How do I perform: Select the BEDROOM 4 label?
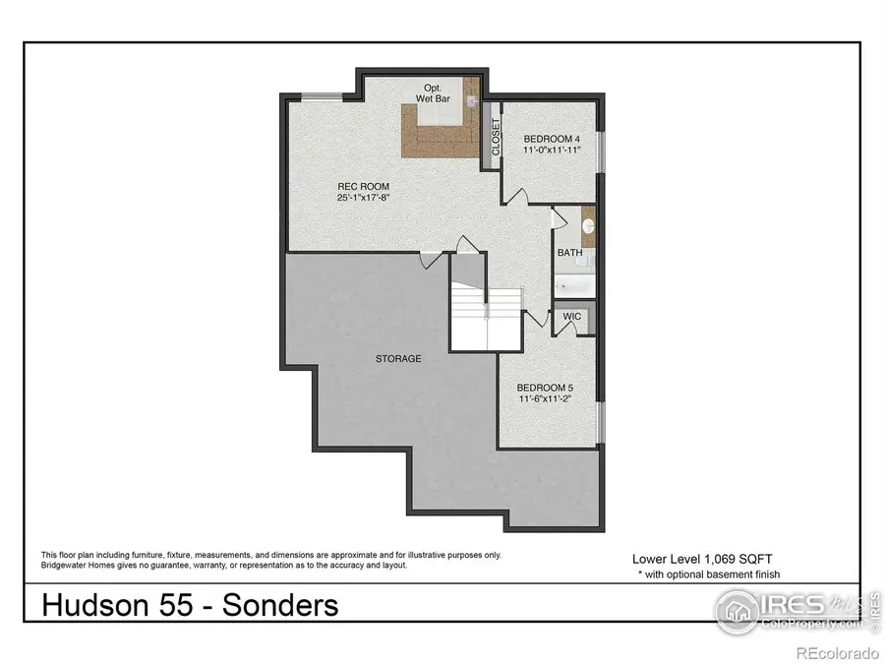[551, 139]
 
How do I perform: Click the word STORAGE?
[397, 359]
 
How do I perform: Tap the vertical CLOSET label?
[496, 138]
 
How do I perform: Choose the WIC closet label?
[571, 317]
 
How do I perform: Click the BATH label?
[569, 253]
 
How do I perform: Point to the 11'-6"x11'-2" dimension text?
[544, 400]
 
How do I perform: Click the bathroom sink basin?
[589, 225]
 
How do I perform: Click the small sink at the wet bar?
[471, 99]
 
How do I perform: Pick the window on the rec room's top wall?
[317, 95]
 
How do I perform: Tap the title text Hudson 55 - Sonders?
[190, 604]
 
